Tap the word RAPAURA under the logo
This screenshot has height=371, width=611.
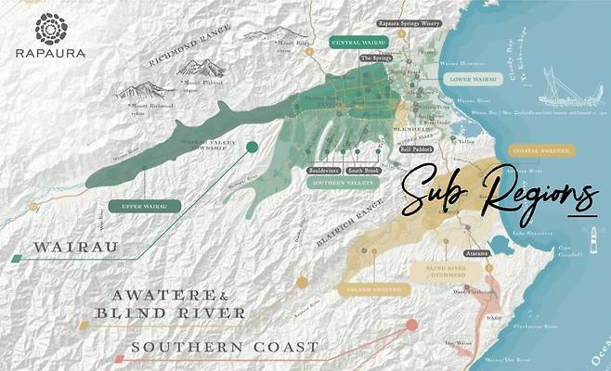tap(51, 54)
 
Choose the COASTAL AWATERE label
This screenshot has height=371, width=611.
tap(541, 149)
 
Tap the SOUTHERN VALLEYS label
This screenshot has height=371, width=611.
tap(341, 183)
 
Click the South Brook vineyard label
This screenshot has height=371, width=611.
tap(362, 171)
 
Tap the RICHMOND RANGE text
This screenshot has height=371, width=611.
tap(186, 56)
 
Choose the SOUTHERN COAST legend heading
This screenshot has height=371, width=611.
tap(225, 347)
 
